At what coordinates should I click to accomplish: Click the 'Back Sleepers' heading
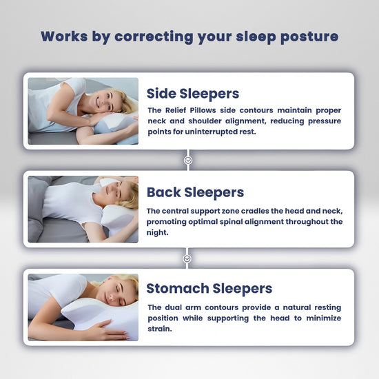pyautogui.click(x=195, y=192)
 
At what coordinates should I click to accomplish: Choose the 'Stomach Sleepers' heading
pyautogui.click(x=209, y=289)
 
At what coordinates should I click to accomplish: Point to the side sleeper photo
pyautogui.click(x=83, y=111)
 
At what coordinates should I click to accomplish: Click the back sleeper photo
pyautogui.click(x=83, y=209)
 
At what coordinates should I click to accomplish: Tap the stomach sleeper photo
pyautogui.click(x=83, y=307)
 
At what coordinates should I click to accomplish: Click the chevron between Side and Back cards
pyautogui.click(x=189, y=160)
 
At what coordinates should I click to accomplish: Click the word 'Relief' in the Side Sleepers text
pyautogui.click(x=179, y=110)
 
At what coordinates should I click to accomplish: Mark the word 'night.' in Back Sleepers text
pyautogui.click(x=158, y=232)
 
